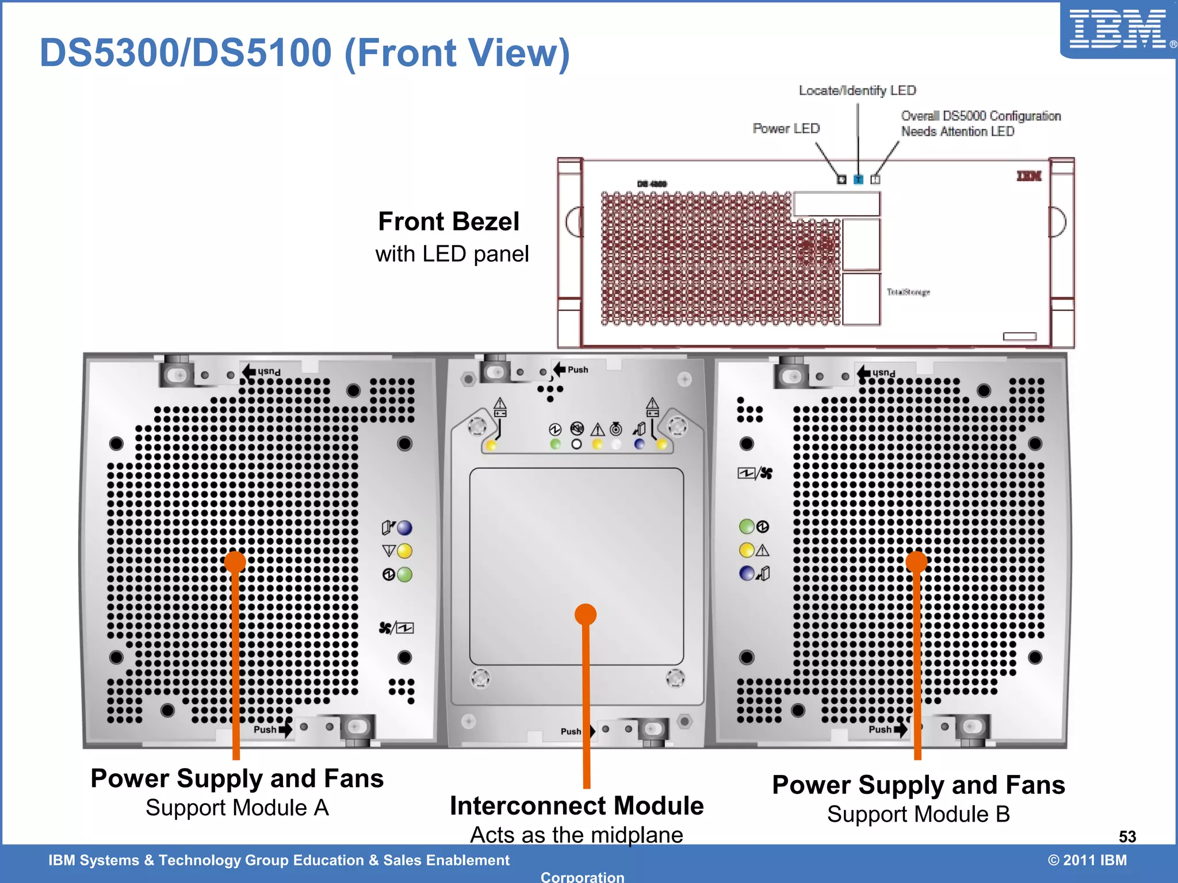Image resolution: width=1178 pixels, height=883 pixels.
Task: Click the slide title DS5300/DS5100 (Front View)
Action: [x=304, y=53]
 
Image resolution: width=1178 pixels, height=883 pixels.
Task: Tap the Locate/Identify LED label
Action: [x=857, y=90]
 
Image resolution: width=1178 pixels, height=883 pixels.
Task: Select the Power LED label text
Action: [x=786, y=128]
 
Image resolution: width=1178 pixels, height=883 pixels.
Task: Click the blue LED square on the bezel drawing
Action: [x=858, y=179]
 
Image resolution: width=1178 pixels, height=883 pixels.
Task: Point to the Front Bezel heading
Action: [x=449, y=222]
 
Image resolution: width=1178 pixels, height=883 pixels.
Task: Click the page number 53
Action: [x=1127, y=836]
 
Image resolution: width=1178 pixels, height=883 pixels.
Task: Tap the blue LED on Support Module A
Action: [x=405, y=528]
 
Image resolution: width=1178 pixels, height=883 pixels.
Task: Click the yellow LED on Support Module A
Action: [x=405, y=551]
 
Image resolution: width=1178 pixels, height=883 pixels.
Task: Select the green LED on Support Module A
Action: [x=405, y=574]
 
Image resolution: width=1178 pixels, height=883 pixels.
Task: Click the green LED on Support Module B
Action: [x=747, y=527]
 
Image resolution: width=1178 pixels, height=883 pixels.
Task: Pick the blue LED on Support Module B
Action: [x=747, y=573]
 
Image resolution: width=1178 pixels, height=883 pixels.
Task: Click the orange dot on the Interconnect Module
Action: [x=586, y=615]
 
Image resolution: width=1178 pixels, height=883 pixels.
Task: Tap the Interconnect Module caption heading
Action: [x=576, y=806]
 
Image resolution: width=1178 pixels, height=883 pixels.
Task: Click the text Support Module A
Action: [x=237, y=808]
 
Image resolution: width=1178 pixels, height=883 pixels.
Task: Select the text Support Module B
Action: [x=919, y=815]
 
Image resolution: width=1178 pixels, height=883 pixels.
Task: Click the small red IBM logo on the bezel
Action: [x=1029, y=176]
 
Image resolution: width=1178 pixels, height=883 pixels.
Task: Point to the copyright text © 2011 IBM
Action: [x=1087, y=860]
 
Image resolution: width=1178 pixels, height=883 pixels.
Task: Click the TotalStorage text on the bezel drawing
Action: [x=908, y=292]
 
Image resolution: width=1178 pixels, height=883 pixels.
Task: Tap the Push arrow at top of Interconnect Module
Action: [x=560, y=369]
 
